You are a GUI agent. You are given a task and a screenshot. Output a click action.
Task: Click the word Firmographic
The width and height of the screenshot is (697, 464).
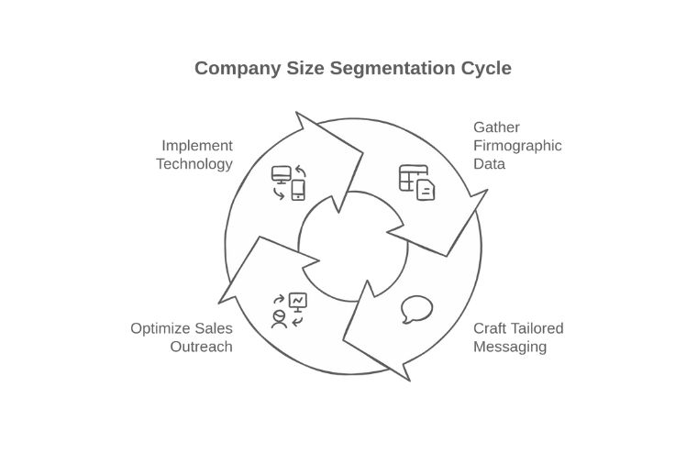517,146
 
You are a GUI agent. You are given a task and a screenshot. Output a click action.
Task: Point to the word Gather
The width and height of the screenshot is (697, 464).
496,127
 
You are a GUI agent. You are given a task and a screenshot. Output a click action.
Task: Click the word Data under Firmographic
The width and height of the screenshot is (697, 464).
489,164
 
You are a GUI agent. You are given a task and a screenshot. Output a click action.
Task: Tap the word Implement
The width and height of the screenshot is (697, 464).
197,146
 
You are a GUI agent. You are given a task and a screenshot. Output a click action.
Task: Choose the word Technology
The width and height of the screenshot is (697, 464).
194,164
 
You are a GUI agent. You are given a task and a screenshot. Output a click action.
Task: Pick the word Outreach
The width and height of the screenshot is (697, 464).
201,347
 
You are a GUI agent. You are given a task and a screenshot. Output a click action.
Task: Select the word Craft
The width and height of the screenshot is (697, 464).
490,328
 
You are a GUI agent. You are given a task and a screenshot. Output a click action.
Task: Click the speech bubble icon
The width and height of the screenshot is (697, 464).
417,310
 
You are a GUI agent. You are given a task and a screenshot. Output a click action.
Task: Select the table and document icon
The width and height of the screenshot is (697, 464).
417,182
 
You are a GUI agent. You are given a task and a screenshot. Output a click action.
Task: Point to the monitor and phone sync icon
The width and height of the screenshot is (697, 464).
289,182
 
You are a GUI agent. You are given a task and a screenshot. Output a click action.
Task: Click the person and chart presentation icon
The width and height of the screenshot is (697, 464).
290,310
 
